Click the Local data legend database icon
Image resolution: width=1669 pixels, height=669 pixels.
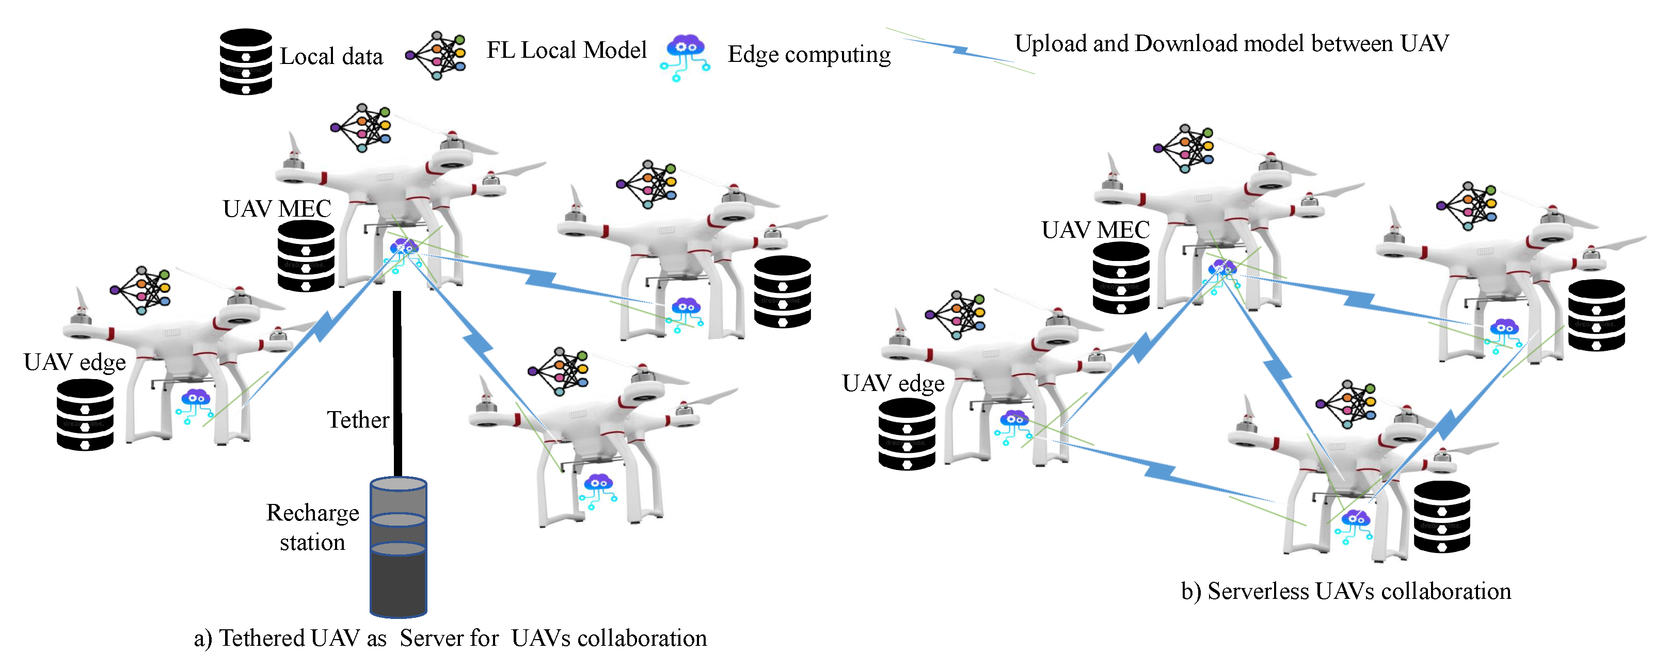[246, 61]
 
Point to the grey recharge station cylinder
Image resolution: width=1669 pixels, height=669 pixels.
[398, 547]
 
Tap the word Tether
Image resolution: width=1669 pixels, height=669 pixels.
[358, 420]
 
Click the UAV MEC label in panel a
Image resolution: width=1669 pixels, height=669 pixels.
[277, 208]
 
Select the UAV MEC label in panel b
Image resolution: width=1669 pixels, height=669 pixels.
[1095, 230]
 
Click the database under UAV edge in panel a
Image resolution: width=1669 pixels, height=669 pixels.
[85, 415]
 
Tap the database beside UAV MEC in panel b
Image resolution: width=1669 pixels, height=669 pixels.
[1121, 278]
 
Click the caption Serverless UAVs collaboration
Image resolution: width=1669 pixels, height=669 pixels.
[1346, 591]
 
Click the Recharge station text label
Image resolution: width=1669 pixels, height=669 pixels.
[312, 527]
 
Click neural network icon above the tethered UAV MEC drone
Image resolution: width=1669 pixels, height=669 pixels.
[361, 127]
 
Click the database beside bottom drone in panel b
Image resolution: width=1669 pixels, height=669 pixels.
[1441, 516]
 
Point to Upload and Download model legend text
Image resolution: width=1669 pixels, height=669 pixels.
[1231, 43]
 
